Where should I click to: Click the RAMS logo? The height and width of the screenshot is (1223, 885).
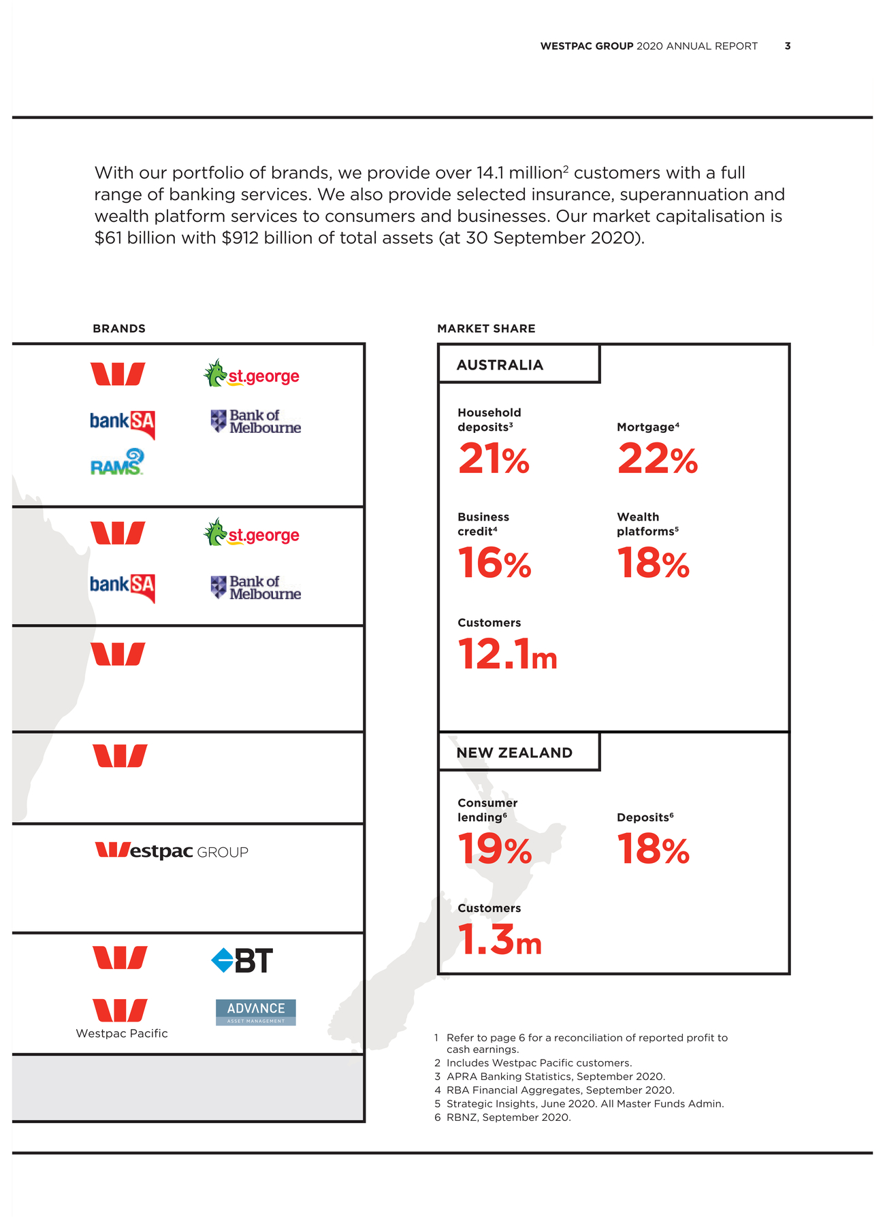click(x=117, y=462)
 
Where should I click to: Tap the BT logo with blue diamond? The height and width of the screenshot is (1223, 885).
click(x=242, y=960)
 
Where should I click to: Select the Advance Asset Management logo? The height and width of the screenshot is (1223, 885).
click(x=256, y=1012)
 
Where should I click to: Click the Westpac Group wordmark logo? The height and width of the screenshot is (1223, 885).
click(x=172, y=851)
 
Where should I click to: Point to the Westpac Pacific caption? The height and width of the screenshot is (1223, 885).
click(x=122, y=1033)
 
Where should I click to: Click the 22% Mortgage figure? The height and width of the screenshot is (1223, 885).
click(x=657, y=459)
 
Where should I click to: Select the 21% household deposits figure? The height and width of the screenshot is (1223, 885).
click(x=494, y=459)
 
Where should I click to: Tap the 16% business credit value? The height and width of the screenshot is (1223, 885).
click(x=494, y=564)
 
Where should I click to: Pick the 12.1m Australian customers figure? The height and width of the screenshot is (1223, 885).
click(x=507, y=655)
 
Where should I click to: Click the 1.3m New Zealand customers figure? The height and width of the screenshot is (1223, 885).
click(x=500, y=941)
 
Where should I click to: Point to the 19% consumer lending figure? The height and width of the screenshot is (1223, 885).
click(x=494, y=850)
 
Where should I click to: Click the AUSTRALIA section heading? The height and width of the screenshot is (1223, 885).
click(x=500, y=365)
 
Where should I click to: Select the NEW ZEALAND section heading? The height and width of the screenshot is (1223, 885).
click(x=514, y=753)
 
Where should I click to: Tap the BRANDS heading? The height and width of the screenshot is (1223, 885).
click(x=119, y=328)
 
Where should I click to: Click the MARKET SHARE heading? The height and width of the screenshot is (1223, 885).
click(x=486, y=328)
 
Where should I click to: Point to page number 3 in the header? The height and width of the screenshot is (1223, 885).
click(x=788, y=46)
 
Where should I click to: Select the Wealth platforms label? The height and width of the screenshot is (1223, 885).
click(x=647, y=524)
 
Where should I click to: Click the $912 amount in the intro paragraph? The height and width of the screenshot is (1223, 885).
click(x=240, y=238)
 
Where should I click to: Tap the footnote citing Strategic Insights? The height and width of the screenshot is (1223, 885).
click(x=579, y=1103)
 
